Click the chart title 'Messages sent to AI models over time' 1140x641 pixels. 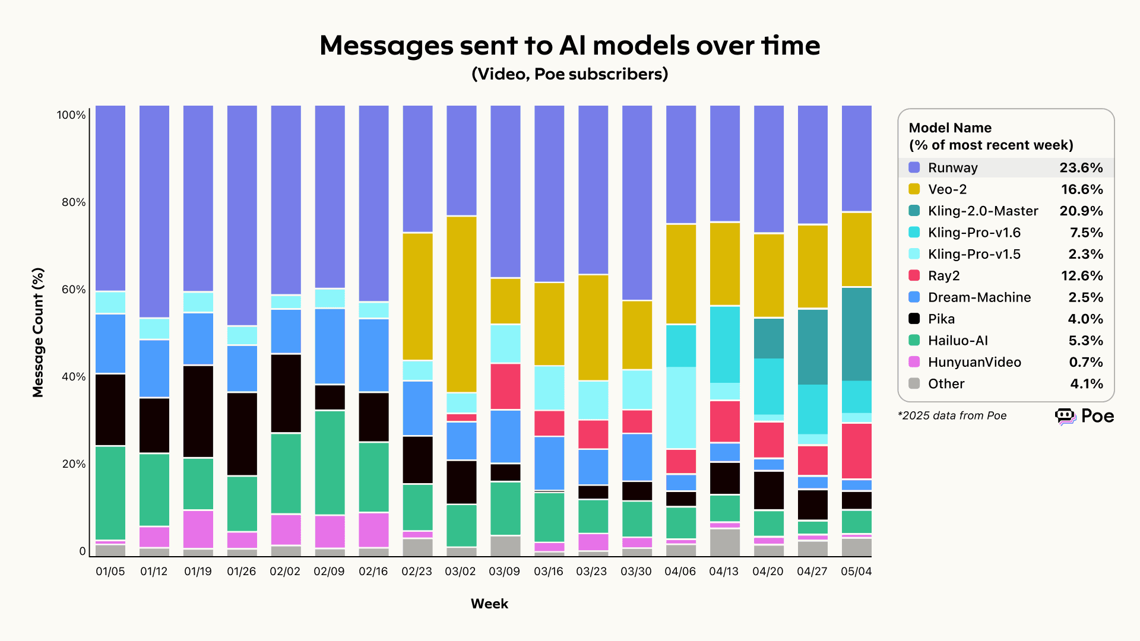click(x=569, y=46)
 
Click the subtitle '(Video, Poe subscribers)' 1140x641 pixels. click(x=569, y=74)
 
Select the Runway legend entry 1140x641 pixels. click(x=952, y=168)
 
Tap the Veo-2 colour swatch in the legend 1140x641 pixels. click(x=914, y=189)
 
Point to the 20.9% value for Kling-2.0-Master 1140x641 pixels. click(x=1081, y=211)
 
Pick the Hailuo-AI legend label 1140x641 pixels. click(x=958, y=341)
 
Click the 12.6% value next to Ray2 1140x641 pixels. click(x=1081, y=276)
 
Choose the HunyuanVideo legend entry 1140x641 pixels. click(x=974, y=363)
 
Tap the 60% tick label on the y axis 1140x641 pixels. click(x=74, y=290)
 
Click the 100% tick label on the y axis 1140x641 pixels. click(x=71, y=115)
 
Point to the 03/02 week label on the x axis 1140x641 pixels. click(x=460, y=572)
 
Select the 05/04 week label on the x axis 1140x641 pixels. click(x=856, y=572)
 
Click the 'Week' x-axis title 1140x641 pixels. click(x=489, y=604)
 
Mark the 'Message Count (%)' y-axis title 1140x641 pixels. click(x=39, y=332)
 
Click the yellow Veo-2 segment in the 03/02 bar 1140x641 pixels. click(x=461, y=304)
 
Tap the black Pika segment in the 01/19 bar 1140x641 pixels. click(x=198, y=411)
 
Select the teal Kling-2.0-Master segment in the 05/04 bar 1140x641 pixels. click(x=857, y=334)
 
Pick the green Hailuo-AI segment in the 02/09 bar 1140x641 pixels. click(x=330, y=463)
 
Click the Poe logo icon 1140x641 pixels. click(x=1065, y=416)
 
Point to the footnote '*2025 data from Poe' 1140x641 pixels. click(x=952, y=416)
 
